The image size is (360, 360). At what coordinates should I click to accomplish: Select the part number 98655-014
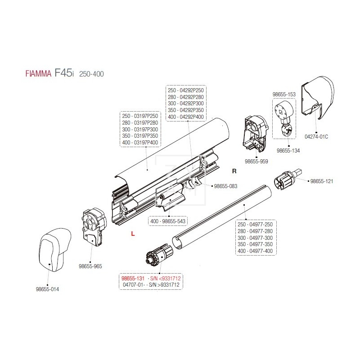[x=47, y=289]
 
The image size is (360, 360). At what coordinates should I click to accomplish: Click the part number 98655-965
[x=91, y=266]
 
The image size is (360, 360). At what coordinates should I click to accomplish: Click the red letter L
[x=132, y=234]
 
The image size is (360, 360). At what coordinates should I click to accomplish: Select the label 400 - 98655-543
[x=168, y=221]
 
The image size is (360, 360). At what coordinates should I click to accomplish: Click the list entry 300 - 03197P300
[x=140, y=130]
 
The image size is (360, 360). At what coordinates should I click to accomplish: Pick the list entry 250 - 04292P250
[x=185, y=90]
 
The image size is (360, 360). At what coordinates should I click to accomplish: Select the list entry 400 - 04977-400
[x=255, y=251]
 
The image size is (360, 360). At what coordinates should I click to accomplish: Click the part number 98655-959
[x=256, y=161]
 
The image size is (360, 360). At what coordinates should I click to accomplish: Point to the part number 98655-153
[x=284, y=94]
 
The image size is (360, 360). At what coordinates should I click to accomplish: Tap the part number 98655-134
[x=288, y=151]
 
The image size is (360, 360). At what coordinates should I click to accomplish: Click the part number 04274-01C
[x=316, y=136]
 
